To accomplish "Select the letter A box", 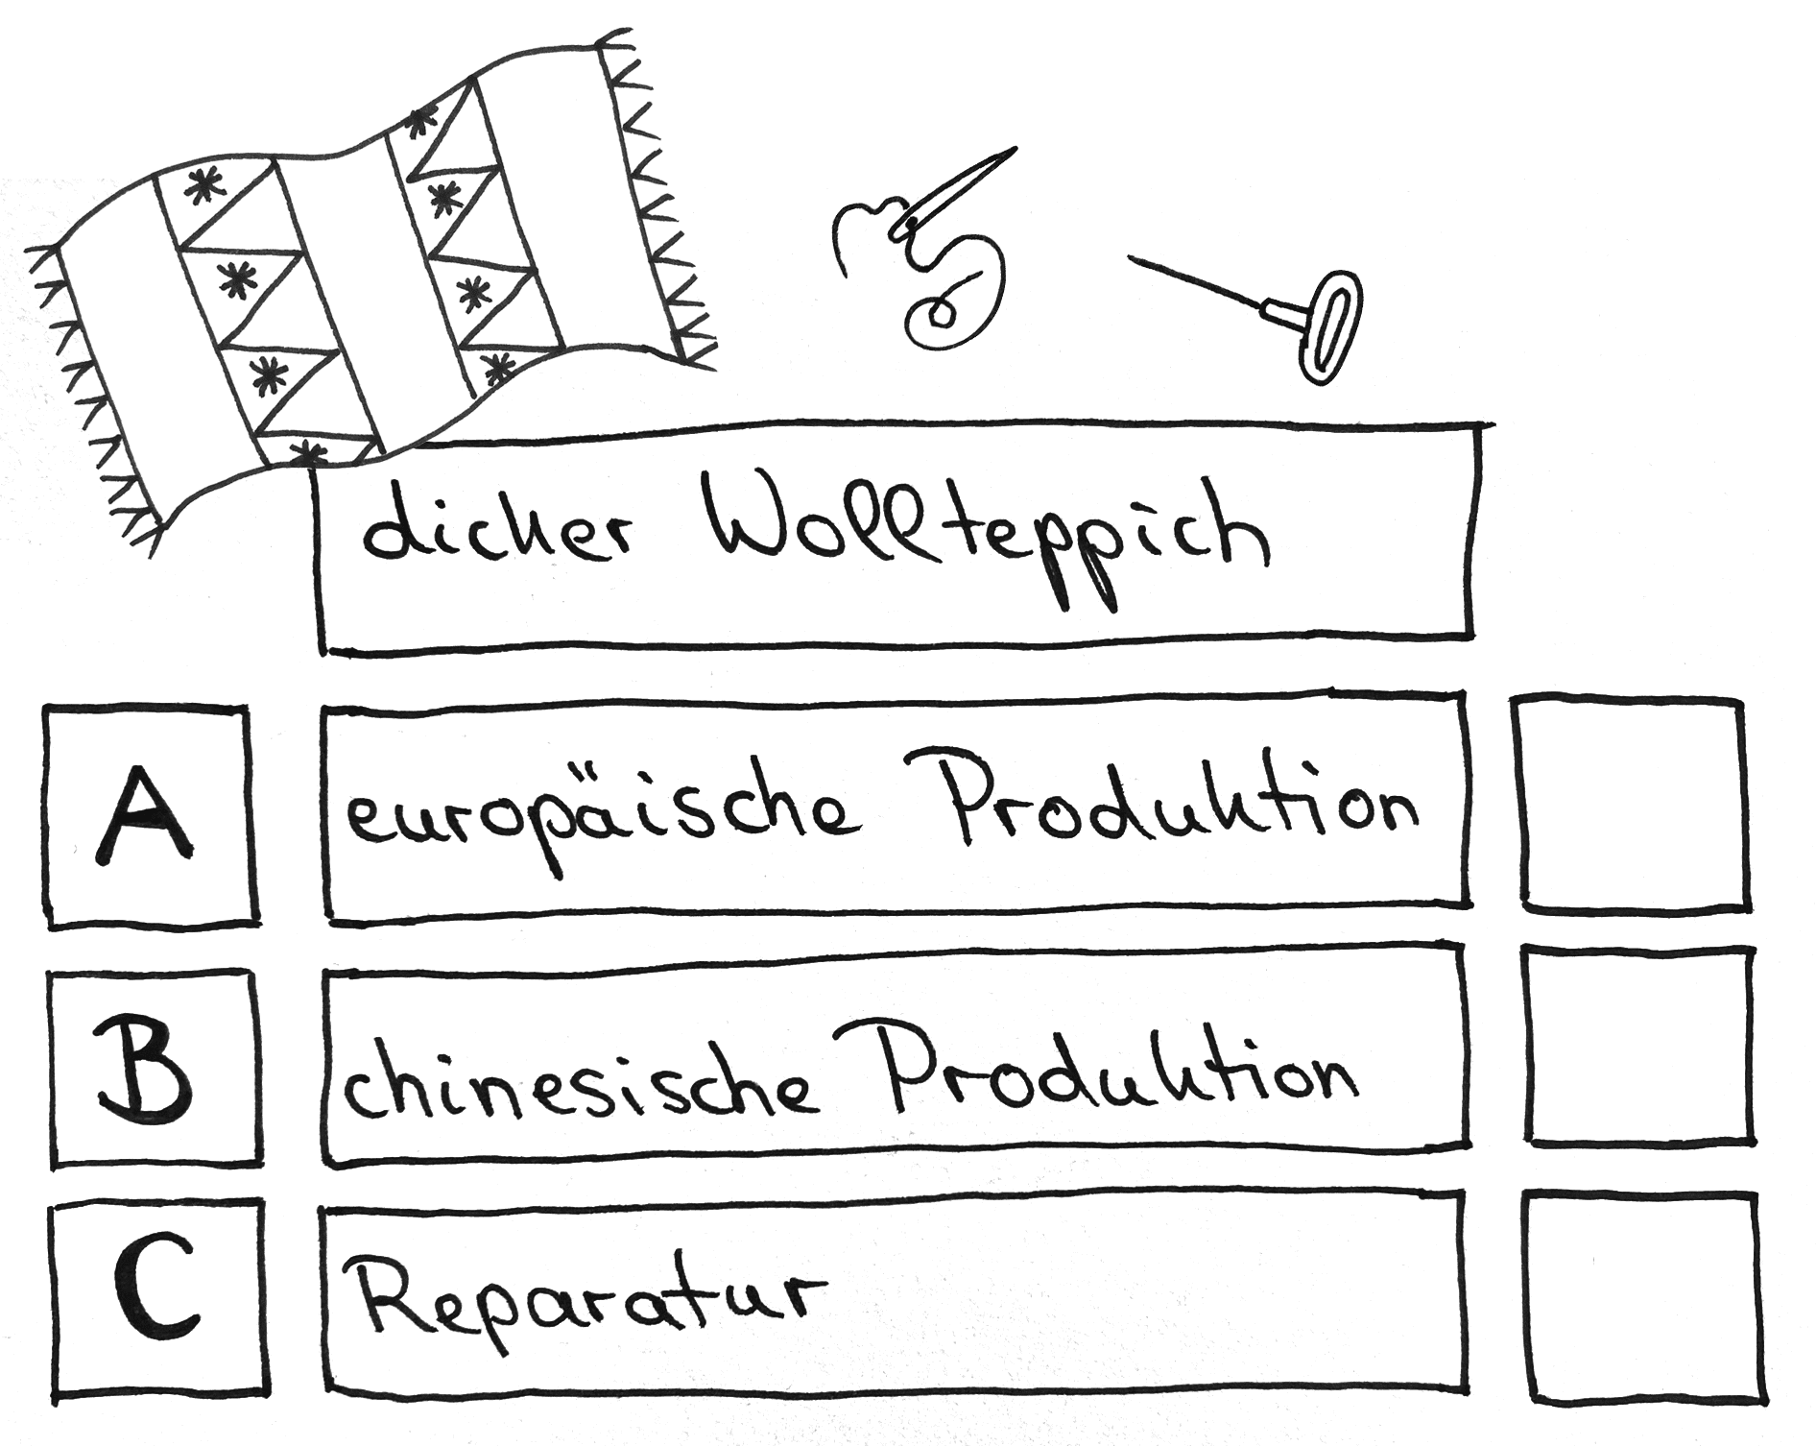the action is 150,816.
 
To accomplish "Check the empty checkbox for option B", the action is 1637,1047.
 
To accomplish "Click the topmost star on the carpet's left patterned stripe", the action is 202,188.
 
